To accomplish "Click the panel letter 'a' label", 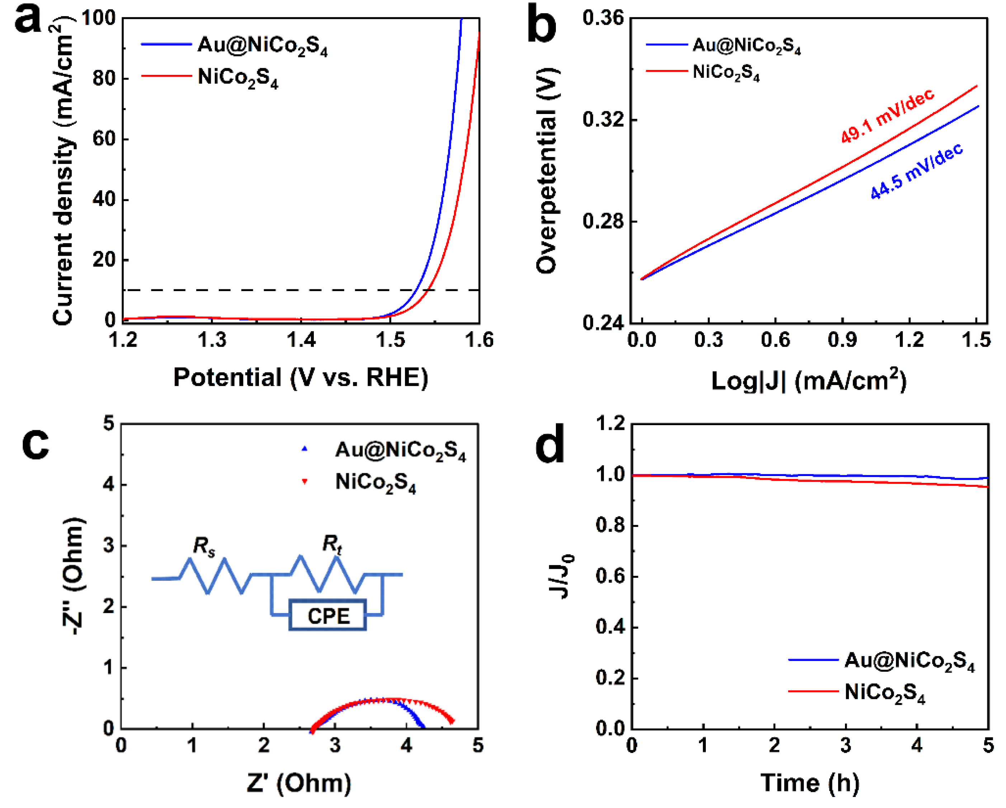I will (28, 21).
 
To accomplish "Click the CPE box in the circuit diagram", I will (328, 616).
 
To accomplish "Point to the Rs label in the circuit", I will (204, 546).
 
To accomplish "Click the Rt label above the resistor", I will (332, 544).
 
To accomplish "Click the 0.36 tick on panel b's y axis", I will (603, 19).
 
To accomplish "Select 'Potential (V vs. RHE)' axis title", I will (301, 377).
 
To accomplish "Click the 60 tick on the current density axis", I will (104, 139).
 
